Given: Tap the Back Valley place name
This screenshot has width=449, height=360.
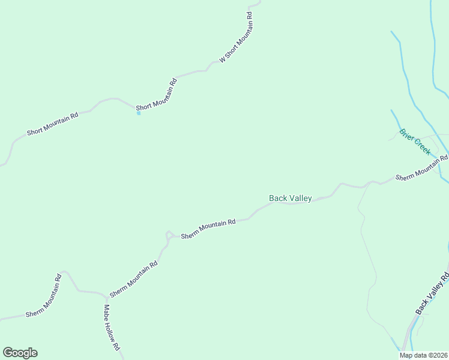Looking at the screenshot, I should [290, 198].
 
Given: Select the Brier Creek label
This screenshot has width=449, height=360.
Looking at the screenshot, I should [415, 142].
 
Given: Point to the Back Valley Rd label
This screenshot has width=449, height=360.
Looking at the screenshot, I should [433, 293].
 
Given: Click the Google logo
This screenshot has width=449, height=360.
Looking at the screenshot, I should [20, 353].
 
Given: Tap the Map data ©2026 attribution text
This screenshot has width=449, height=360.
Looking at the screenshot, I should [423, 355].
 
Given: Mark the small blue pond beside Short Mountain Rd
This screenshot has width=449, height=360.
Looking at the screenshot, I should [139, 113].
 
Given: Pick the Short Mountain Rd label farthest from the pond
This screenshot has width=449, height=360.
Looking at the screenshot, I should [53, 124].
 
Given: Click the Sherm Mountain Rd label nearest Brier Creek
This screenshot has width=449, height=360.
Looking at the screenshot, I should [421, 167].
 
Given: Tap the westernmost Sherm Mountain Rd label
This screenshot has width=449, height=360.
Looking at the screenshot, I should [44, 296].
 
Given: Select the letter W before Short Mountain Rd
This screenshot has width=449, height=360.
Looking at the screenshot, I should [222, 59].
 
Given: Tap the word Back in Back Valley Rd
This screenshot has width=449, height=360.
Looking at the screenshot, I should [422, 306].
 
